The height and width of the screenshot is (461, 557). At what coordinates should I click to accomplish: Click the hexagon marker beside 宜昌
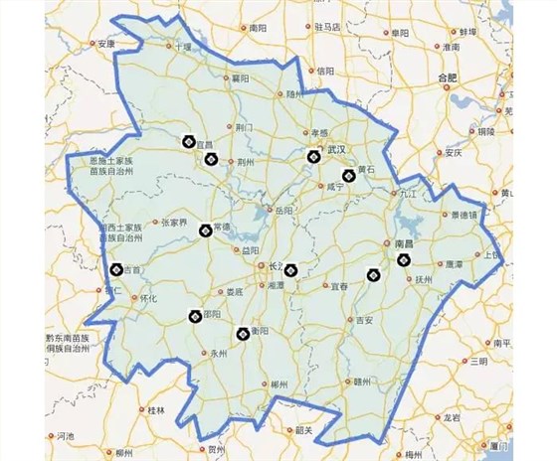click(x=189, y=142)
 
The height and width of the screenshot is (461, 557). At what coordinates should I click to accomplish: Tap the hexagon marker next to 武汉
click(x=313, y=155)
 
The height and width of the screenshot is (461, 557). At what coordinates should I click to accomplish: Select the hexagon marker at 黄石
click(x=348, y=175)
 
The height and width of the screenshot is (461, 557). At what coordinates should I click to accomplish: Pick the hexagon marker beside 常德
click(x=205, y=230)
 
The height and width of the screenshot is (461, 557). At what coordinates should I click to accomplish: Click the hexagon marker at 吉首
click(x=115, y=268)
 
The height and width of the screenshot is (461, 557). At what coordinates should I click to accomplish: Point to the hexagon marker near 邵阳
click(x=195, y=317)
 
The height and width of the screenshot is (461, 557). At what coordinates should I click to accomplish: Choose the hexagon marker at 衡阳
click(x=242, y=335)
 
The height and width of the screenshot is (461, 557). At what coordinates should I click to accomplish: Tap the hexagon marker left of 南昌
click(x=403, y=260)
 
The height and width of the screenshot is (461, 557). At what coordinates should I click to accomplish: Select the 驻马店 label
click(x=328, y=27)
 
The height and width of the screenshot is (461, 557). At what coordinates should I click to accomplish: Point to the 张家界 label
click(x=175, y=223)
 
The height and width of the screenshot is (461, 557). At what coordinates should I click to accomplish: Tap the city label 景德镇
click(x=464, y=215)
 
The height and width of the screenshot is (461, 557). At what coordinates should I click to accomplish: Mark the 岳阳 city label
click(x=283, y=211)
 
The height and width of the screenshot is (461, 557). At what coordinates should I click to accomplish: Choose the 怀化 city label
click(x=149, y=297)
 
